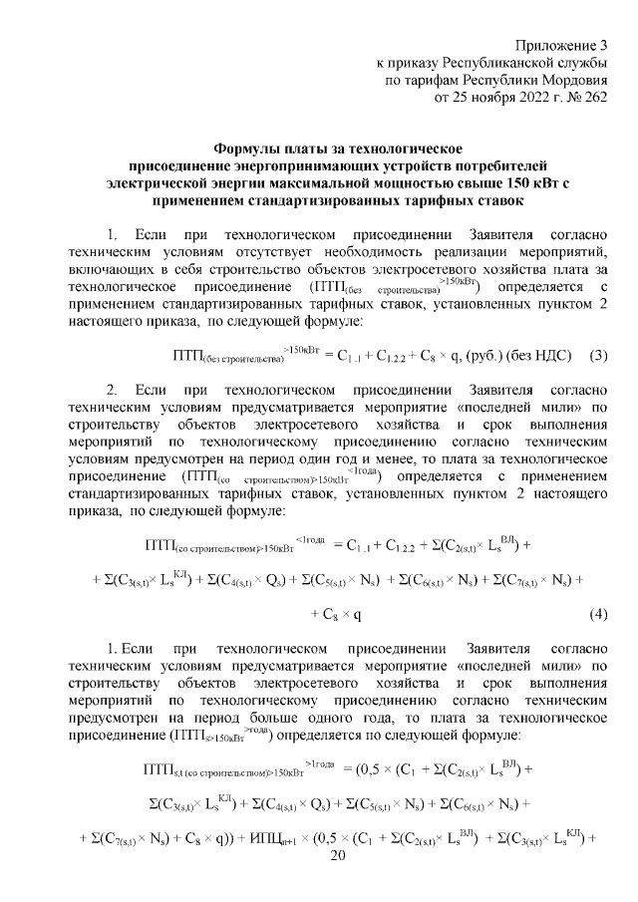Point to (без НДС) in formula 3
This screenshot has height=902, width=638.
(x=525, y=355)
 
